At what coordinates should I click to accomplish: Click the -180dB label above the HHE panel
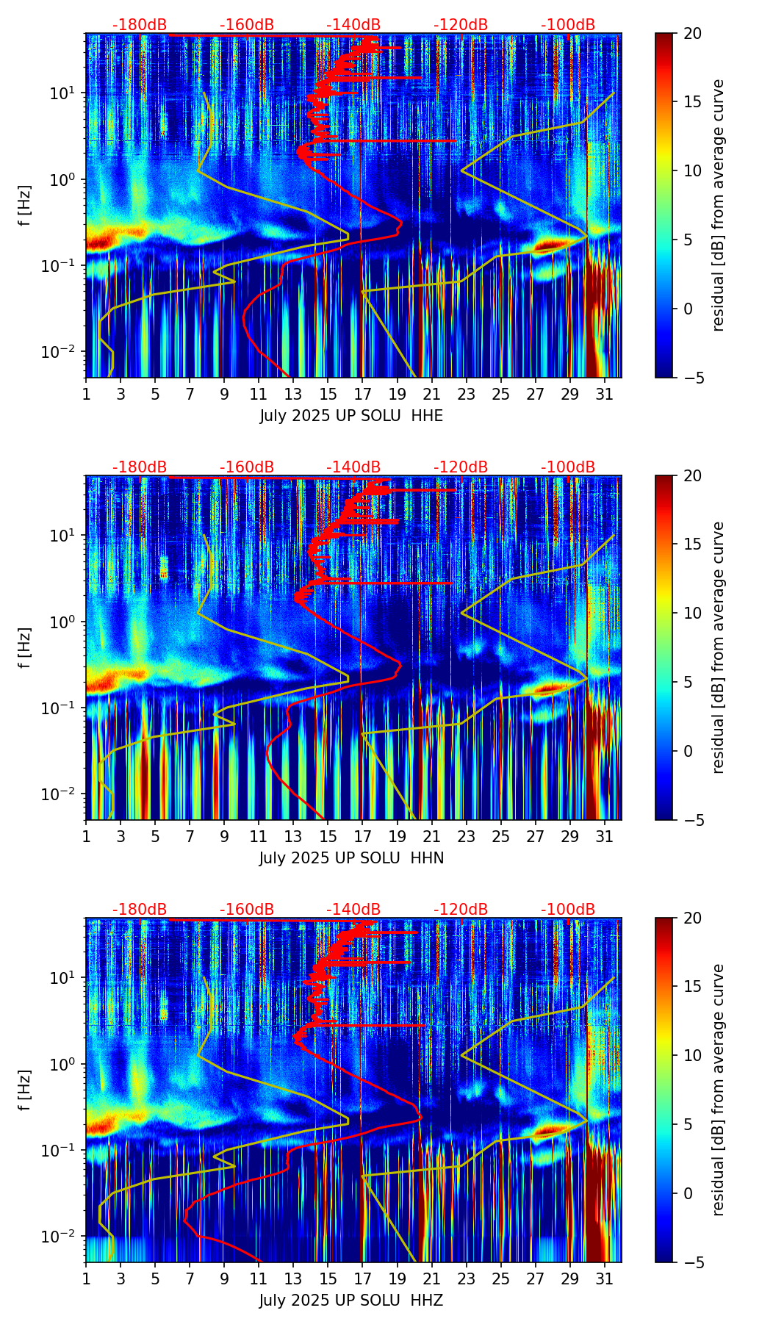[140, 25]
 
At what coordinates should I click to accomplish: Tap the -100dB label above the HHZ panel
[568, 910]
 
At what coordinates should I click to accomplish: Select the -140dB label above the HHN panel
[353, 467]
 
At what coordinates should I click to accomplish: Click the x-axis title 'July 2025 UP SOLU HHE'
[351, 416]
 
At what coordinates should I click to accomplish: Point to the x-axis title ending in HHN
[351, 858]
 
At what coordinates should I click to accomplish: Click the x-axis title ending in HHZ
[351, 1301]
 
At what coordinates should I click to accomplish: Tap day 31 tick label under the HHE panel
[604, 395]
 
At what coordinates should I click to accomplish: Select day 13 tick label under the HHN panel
[293, 837]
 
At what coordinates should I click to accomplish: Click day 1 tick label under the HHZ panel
[86, 1279]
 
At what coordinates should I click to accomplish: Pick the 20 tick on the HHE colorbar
[692, 33]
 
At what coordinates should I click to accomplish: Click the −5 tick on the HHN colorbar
[692, 820]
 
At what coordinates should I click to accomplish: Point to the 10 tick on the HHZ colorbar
[692, 1055]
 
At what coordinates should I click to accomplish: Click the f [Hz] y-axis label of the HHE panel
[24, 206]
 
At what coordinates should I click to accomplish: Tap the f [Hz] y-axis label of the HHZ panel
[24, 1090]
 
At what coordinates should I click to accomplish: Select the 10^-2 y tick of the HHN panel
[62, 794]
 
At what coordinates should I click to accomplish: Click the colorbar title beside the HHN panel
[719, 647]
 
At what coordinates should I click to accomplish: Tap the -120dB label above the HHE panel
[461, 25]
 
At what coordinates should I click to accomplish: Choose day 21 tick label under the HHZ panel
[431, 1279]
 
